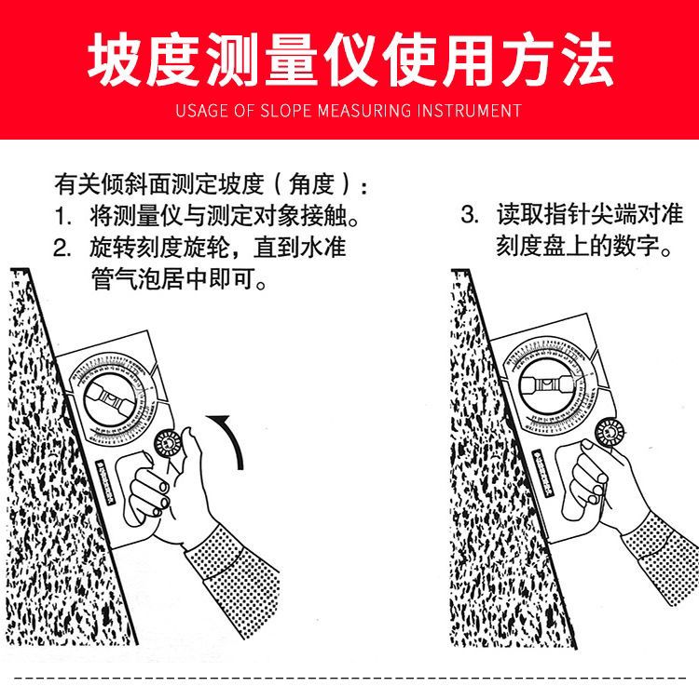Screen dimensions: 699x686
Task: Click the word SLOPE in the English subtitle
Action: (x=285, y=111)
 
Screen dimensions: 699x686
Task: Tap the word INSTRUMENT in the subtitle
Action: (x=469, y=111)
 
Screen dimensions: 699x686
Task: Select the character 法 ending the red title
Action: (x=586, y=60)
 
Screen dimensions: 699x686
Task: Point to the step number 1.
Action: (x=62, y=217)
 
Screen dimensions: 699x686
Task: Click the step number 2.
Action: (x=62, y=248)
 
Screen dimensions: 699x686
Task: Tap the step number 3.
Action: (x=470, y=215)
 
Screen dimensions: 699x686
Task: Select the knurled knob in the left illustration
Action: (x=168, y=443)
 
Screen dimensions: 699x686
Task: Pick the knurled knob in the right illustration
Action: (x=610, y=433)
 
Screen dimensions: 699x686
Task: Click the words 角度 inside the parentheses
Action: (x=311, y=184)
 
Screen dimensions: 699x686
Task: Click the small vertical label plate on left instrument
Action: (x=106, y=483)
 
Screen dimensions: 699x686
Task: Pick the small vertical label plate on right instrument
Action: (x=543, y=473)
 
